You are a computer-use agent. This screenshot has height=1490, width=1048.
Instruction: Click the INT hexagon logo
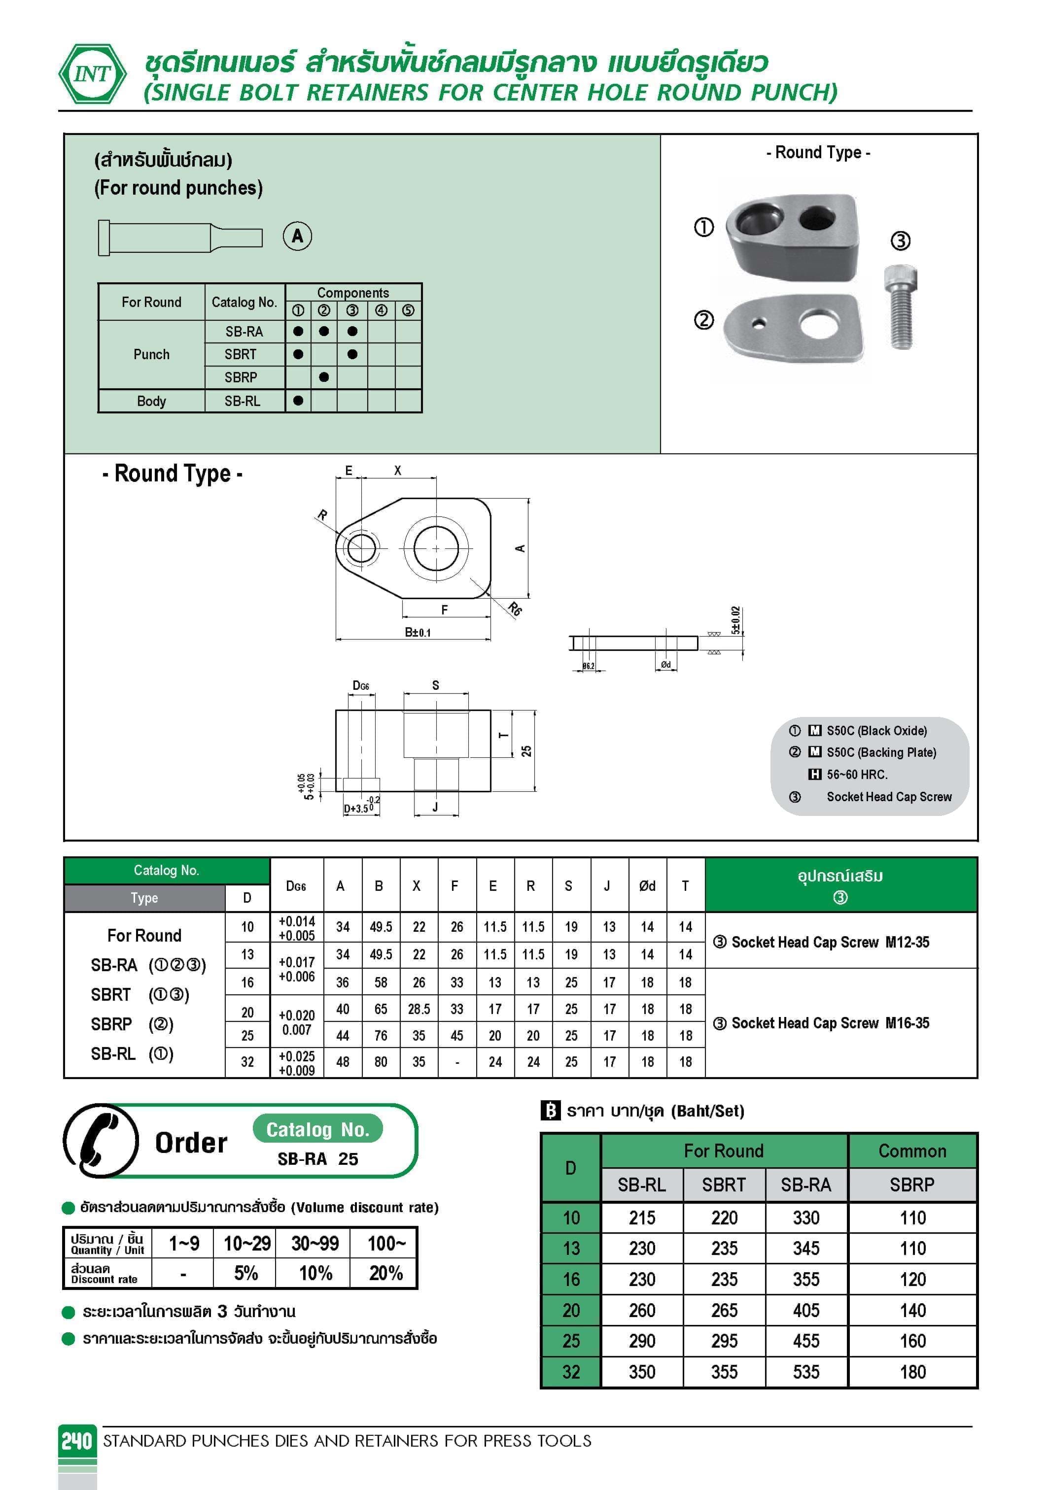92,73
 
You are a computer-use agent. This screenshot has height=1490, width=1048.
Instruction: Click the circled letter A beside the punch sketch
297,236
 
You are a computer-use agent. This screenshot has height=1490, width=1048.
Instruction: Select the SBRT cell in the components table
241,354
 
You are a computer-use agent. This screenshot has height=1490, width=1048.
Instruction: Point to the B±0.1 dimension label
418,632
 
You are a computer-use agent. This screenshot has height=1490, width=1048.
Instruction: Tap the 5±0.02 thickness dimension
735,620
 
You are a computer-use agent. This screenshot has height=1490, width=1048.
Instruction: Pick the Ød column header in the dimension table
647,886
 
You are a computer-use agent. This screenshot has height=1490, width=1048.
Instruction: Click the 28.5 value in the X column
419,1009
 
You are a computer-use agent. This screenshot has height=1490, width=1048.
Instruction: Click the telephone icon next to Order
101,1141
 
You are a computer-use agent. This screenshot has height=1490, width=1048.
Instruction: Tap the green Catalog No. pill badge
317,1130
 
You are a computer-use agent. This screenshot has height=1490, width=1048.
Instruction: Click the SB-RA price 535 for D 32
806,1372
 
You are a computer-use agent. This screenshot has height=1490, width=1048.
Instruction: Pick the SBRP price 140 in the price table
912,1310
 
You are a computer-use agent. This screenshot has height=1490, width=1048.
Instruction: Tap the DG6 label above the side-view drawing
360,686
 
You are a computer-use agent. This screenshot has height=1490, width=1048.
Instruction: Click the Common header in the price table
912,1151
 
